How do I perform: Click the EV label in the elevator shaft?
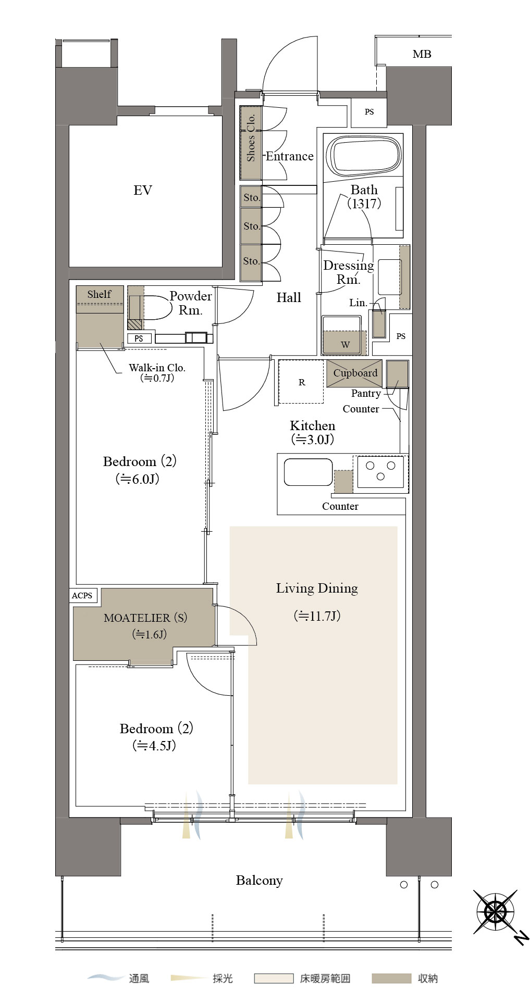pyautogui.click(x=142, y=190)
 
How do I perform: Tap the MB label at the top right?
pyautogui.click(x=422, y=54)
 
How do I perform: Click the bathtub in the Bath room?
pyautogui.click(x=364, y=155)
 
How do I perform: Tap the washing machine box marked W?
pyautogui.click(x=344, y=335)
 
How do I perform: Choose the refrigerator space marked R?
pyautogui.click(x=301, y=382)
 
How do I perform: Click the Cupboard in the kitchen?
pyautogui.click(x=354, y=373)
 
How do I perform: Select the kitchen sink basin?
pyautogui.click(x=308, y=472)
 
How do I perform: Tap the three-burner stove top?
pyautogui.click(x=380, y=472)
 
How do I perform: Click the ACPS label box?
pyautogui.click(x=82, y=595)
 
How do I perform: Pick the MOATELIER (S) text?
pyautogui.click(x=145, y=618)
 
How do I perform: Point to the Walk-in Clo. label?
pyautogui.click(x=157, y=368)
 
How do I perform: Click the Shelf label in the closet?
pyautogui.click(x=99, y=294)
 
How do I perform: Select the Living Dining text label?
pyautogui.click(x=317, y=588)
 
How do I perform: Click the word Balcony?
pyautogui.click(x=259, y=881)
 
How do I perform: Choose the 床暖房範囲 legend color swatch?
pyautogui.click(x=274, y=979)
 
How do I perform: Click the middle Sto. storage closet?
pyautogui.click(x=251, y=227)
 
